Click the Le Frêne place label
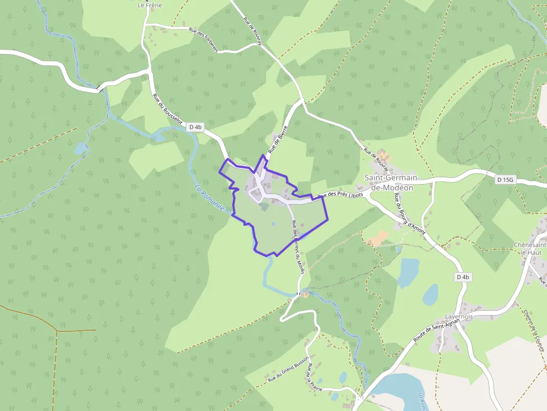[149, 5]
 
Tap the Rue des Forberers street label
[203, 40]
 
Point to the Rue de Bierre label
[277, 139]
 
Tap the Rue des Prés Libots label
[340, 196]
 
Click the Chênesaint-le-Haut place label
[530, 249]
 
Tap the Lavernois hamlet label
[459, 316]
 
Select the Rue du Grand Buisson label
[289, 370]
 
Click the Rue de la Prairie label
[311, 379]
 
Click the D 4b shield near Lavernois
[463, 277]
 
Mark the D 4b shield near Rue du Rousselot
[195, 127]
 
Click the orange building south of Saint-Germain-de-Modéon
[378, 238]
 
